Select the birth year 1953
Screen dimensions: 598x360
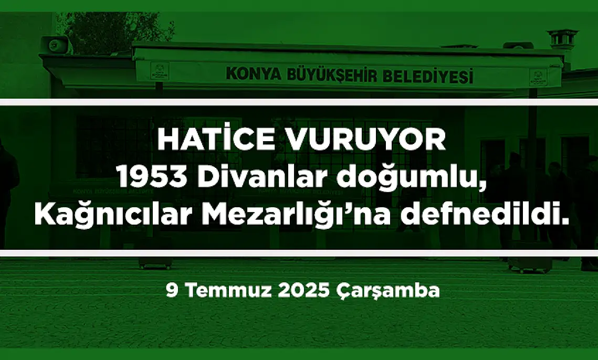click(152, 177)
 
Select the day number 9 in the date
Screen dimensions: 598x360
click(172, 291)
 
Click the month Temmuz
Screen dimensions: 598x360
click(229, 291)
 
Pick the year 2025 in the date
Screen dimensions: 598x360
click(303, 291)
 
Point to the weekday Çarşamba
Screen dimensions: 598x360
click(388, 291)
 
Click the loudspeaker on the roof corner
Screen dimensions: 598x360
click(55, 44)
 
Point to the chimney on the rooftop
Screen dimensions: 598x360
click(562, 39)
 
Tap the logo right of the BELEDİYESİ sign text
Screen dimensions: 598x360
click(538, 77)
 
